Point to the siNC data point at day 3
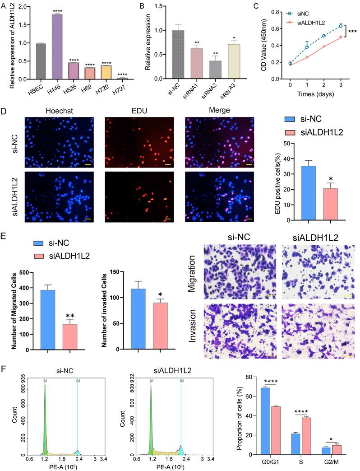(x=341, y=26)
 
